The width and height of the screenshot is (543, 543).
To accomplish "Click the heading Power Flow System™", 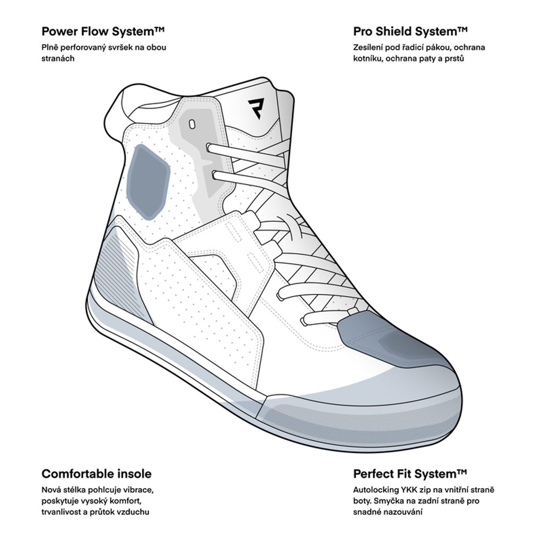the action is pyautogui.click(x=103, y=31).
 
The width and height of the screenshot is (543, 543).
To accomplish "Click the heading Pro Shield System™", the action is pyautogui.click(x=410, y=31).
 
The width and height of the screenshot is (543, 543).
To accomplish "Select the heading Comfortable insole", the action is pyautogui.click(x=97, y=474).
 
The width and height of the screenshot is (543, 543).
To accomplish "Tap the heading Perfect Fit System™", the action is pyautogui.click(x=410, y=474).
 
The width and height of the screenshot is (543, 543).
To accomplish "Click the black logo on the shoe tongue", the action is pyautogui.click(x=256, y=108).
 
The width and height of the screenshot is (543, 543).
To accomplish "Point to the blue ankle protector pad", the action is pyautogui.click(x=149, y=182).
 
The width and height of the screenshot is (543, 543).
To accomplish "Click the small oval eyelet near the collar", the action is pyautogui.click(x=192, y=124).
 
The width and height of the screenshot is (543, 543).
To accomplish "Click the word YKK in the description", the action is pyautogui.click(x=410, y=490).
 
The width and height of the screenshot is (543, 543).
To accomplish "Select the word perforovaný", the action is pyautogui.click(x=82, y=48).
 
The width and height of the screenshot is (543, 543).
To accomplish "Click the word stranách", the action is pyautogui.click(x=58, y=58).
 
